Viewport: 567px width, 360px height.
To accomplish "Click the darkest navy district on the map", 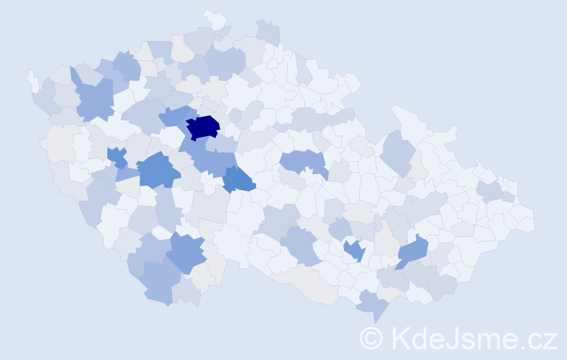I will tap(204, 126).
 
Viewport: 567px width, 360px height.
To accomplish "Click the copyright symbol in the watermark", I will tap(371, 338).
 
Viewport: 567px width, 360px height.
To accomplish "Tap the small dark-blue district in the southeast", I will tap(354, 251).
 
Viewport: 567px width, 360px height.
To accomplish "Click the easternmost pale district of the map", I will tap(524, 219).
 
